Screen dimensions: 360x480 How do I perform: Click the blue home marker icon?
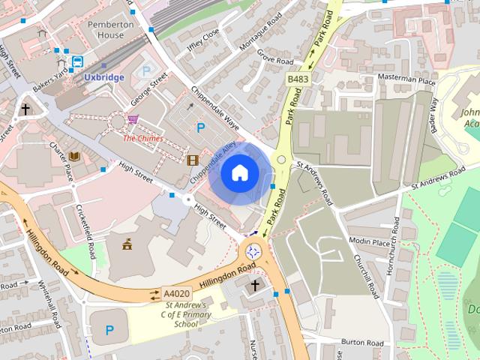tap(239, 172)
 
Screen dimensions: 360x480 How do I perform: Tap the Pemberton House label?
tap(110, 30)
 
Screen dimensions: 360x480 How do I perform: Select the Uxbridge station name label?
tap(103, 76)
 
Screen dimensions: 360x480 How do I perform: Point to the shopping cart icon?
tap(133, 119)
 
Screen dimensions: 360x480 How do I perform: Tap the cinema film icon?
tap(193, 159)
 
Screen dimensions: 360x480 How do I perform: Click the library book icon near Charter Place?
tap(74, 156)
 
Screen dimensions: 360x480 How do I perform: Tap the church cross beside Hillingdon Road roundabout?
tap(254, 286)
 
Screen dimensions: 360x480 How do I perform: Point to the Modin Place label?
tap(370, 241)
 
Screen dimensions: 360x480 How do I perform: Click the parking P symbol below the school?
tap(110, 329)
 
